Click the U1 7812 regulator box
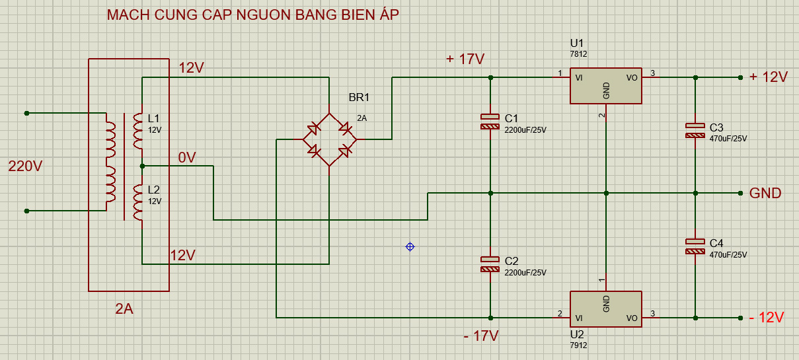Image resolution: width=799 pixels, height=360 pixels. [x=606, y=86]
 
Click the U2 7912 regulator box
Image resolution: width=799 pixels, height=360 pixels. [x=606, y=309]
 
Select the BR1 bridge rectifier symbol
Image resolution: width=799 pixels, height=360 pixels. [x=329, y=139]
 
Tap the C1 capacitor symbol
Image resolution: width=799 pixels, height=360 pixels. [x=490, y=122]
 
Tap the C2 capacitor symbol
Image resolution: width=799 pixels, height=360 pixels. [x=490, y=264]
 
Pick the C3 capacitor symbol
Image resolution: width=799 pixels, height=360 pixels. [x=695, y=130]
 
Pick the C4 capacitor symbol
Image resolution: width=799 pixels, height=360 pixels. [x=695, y=246]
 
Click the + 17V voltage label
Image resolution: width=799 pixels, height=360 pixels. [x=465, y=59]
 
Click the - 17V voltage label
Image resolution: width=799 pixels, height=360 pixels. [x=480, y=336]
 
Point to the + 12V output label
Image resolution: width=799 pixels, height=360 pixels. [x=768, y=77]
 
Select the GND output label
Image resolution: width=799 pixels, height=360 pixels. [x=765, y=194]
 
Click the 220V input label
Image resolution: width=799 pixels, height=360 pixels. [x=25, y=166]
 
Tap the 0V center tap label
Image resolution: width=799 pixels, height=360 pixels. [x=187, y=158]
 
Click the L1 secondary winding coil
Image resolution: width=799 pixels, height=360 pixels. [x=137, y=130]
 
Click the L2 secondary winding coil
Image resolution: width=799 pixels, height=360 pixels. [x=137, y=201]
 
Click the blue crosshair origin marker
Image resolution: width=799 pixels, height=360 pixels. [x=410, y=246]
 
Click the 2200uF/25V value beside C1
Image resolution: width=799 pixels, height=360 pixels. [x=526, y=130]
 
